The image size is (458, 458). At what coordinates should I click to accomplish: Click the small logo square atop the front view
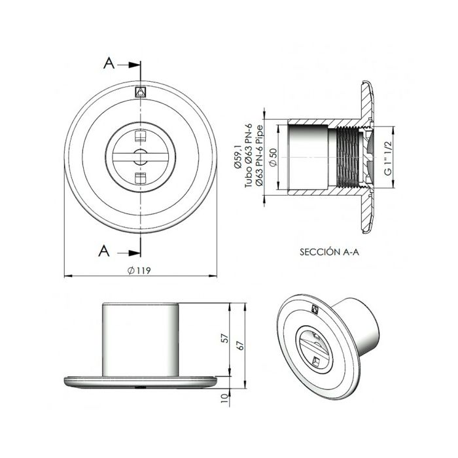(x=139, y=91)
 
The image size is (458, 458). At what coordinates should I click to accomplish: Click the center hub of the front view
(x=139, y=156)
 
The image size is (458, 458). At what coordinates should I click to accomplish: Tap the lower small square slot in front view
(x=139, y=177)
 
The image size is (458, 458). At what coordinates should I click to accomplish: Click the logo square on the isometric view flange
(x=313, y=311)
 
